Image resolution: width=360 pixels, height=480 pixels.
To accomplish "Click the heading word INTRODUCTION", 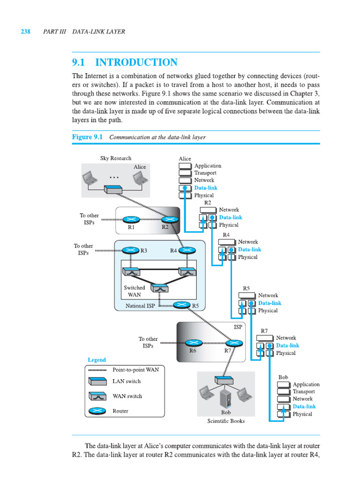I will [x=136, y=62].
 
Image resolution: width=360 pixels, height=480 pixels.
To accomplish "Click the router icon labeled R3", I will [x=131, y=250].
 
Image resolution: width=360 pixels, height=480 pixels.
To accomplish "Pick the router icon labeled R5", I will [x=182, y=305].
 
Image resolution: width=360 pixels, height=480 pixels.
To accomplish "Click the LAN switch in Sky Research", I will [x=113, y=189].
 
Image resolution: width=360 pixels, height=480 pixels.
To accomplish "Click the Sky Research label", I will [x=116, y=158].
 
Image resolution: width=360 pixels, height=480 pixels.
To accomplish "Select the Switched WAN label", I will [x=134, y=291].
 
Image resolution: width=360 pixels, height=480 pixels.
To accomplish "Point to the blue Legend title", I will [x=97, y=360].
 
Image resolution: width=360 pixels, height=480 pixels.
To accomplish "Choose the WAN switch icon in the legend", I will [x=97, y=396].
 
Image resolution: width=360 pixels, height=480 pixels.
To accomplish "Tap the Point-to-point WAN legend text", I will [x=136, y=369].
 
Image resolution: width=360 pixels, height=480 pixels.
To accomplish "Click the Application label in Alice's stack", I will [x=208, y=165].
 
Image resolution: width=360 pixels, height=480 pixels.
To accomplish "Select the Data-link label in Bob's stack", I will [x=304, y=406].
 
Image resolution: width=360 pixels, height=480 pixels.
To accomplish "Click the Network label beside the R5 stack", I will [x=268, y=295].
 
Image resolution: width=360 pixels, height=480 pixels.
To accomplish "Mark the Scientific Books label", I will [x=226, y=421].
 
